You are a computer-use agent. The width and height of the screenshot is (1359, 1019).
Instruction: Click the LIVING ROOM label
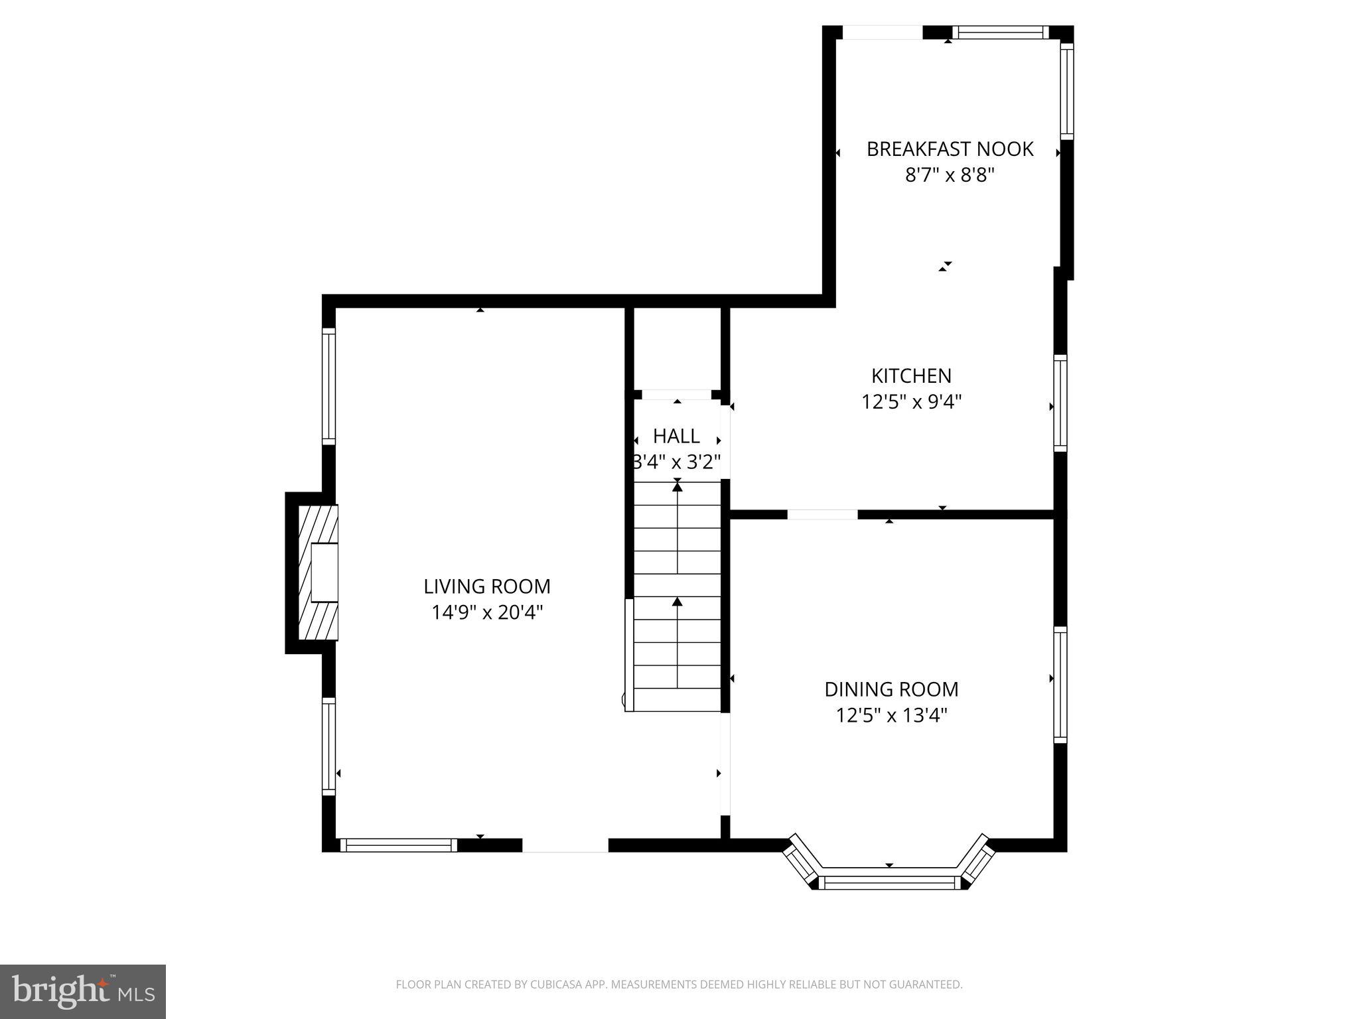(486, 586)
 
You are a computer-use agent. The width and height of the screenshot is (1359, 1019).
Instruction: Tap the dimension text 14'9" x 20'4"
(486, 612)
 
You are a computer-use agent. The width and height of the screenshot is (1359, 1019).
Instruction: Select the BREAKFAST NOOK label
(950, 149)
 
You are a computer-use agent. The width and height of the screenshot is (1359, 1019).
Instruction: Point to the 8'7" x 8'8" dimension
(950, 175)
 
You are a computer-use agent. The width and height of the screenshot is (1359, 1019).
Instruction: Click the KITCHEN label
(911, 376)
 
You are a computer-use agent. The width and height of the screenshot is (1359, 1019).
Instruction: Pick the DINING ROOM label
(891, 689)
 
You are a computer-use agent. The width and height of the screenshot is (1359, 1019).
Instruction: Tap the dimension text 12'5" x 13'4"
(891, 716)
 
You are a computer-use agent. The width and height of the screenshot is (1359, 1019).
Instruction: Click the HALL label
(676, 436)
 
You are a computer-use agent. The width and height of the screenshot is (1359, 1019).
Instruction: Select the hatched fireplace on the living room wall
(318, 573)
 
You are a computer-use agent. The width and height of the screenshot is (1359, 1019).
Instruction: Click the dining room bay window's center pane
(889, 882)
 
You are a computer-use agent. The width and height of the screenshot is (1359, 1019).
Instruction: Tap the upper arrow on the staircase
(677, 527)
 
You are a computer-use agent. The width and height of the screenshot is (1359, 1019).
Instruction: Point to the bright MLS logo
(82, 991)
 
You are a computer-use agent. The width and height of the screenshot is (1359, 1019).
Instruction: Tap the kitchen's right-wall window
(1060, 403)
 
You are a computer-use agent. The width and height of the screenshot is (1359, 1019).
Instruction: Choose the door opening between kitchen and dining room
(822, 514)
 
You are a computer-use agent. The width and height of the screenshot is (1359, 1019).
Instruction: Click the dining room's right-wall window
(1060, 685)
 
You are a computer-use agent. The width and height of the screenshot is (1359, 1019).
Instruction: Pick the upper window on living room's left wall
(328, 387)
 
